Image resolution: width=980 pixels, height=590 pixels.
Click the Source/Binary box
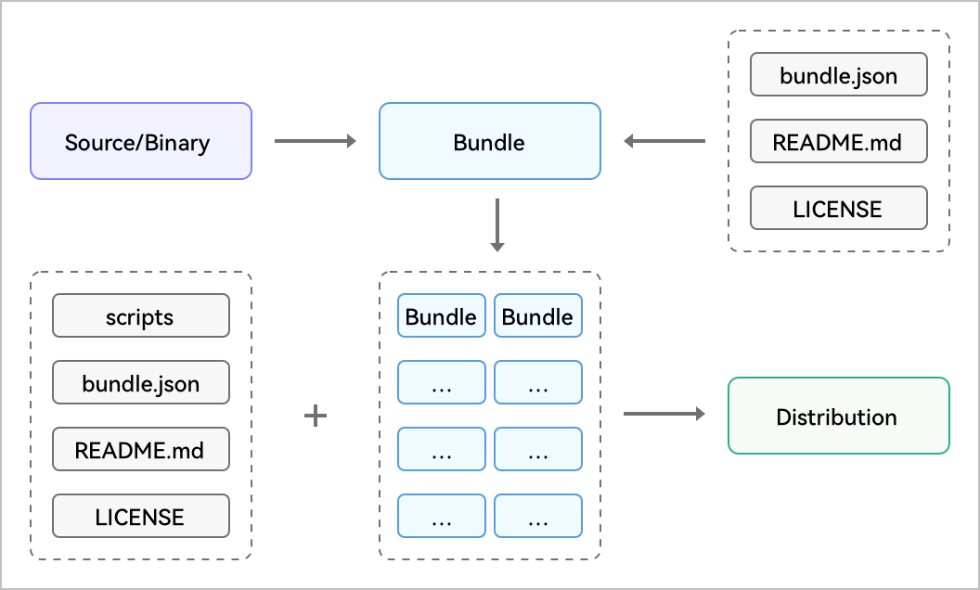[141, 141]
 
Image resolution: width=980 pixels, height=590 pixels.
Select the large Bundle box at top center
[489, 141]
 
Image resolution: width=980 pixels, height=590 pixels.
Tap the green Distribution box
[839, 416]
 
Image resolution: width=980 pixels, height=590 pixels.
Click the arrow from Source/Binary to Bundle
[315, 141]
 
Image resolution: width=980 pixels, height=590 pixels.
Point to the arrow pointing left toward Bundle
[664, 141]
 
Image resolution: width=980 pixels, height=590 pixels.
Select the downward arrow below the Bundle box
[496, 225]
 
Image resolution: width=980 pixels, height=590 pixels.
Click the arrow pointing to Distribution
[664, 414]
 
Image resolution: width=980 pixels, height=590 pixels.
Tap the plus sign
[316, 416]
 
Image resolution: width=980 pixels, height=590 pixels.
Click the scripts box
[141, 315]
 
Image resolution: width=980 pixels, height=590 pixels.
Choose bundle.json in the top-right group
[839, 74]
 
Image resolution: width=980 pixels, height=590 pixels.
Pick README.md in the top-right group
[839, 141]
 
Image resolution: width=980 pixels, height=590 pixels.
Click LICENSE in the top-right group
[839, 208]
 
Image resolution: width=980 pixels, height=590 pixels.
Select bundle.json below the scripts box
[141, 382]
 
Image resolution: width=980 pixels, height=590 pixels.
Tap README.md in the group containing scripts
[141, 449]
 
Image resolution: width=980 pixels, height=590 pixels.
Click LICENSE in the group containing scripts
[141, 516]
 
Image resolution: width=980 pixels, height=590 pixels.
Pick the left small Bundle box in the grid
[441, 315]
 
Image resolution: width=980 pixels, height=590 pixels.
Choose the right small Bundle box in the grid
[538, 315]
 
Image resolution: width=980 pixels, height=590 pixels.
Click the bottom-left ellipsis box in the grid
[441, 516]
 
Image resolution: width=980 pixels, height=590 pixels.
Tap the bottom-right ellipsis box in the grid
[538, 516]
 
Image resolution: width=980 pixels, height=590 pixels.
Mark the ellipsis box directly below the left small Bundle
[441, 382]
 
